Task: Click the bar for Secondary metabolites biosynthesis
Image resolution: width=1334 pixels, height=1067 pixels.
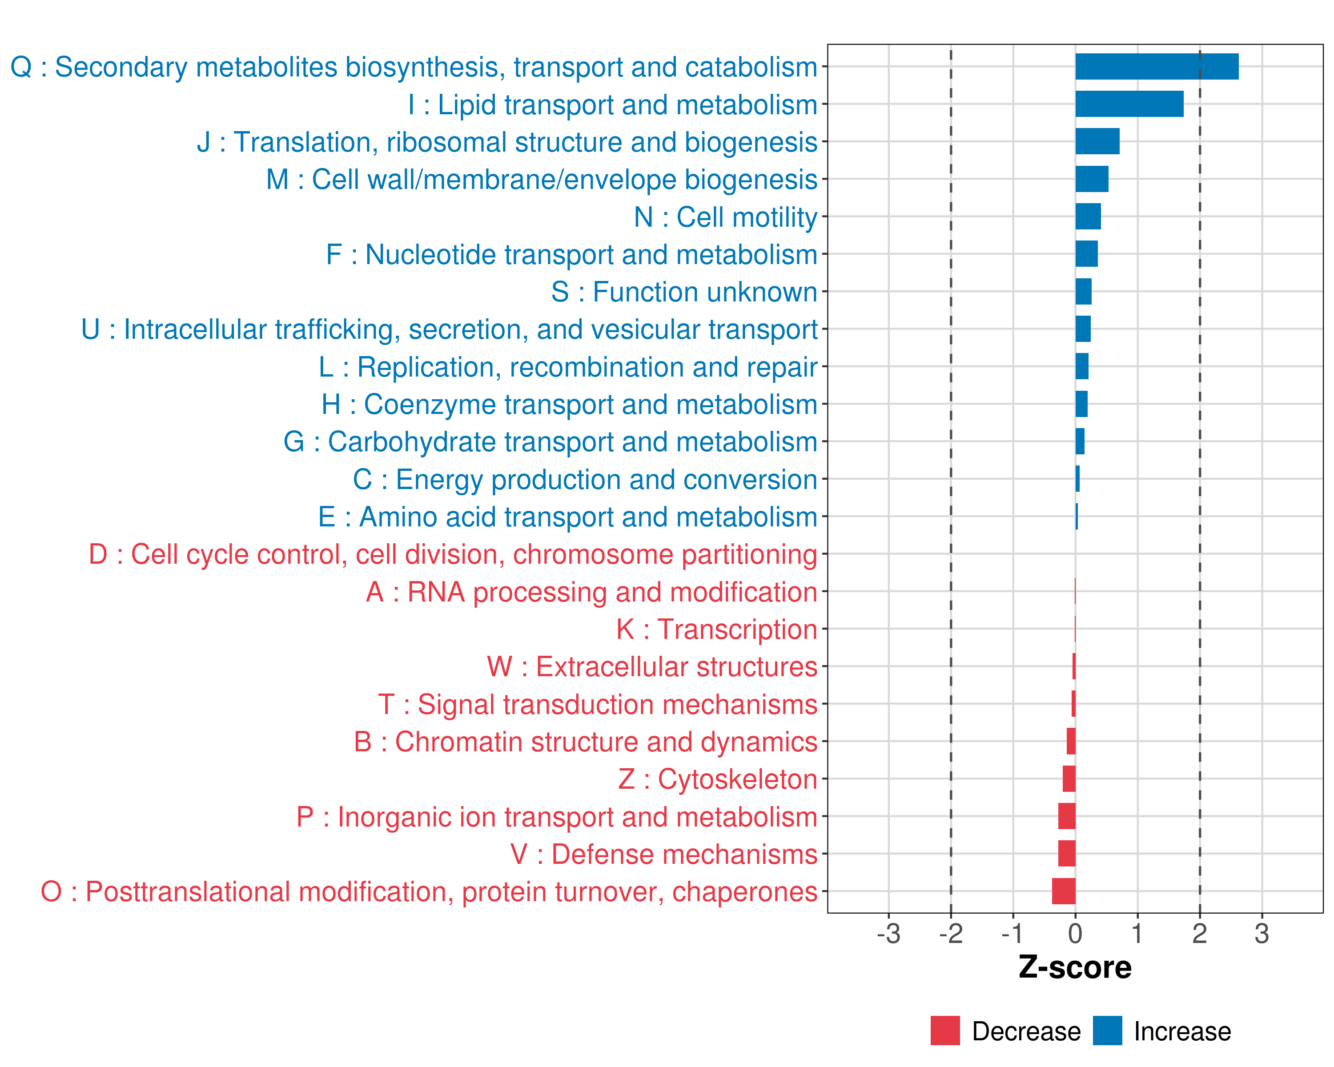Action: coord(1157,67)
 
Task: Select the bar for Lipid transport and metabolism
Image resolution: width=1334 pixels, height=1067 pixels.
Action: coord(1129,104)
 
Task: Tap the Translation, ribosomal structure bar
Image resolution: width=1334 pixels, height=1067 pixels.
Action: coord(1097,142)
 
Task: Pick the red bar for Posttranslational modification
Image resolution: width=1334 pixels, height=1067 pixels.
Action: coord(1064,891)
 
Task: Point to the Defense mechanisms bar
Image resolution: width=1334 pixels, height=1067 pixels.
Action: coord(1067,854)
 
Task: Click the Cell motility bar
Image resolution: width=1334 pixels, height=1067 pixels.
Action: coord(1088,217)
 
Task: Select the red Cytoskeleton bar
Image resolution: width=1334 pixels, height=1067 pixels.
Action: coord(1069,779)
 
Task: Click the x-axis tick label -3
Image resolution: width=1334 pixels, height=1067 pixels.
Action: coord(888,933)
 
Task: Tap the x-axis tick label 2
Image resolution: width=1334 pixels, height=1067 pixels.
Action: coord(1200,933)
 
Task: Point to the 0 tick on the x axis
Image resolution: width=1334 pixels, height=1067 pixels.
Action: coord(1075,933)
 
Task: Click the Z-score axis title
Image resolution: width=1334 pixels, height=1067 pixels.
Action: coord(1075,967)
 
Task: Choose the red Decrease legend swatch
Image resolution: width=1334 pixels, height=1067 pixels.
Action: coord(945,1031)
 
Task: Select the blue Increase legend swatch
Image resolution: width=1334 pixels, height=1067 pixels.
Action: coord(1108,1031)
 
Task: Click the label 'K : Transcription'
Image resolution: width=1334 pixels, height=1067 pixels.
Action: coord(716,629)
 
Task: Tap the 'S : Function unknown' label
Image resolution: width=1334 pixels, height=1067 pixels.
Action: coord(684,292)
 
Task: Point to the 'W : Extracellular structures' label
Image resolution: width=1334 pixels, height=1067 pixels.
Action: coord(652,667)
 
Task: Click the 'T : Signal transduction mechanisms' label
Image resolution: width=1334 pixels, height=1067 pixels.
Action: coord(598,705)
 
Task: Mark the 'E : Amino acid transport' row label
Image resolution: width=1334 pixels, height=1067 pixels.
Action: coord(567,517)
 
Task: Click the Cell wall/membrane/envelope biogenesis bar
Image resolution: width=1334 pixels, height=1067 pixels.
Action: coord(1092,179)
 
